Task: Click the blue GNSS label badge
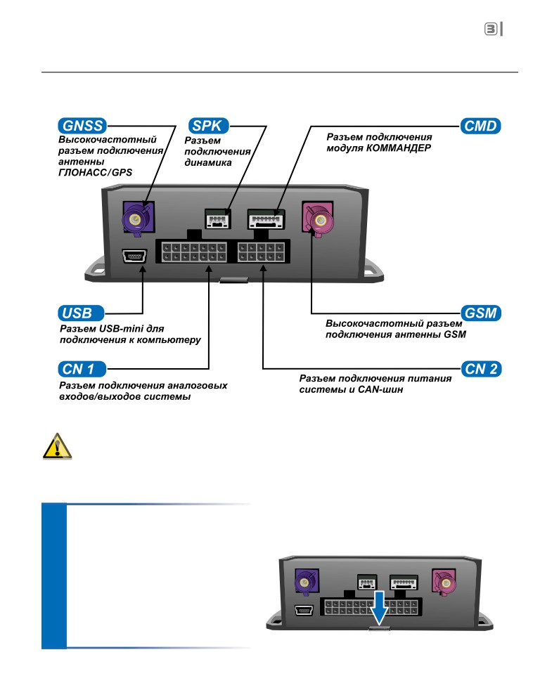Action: coord(82,126)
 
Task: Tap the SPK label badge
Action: coord(208,126)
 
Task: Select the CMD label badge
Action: coord(480,126)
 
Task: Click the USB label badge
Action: coord(81,313)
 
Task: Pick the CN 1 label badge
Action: coord(82,369)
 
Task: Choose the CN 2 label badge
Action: coord(482,369)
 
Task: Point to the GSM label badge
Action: coord(481,313)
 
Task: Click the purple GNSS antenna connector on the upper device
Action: coord(138,218)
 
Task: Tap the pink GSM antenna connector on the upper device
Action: coord(319,219)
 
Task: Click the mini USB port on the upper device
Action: coord(134,256)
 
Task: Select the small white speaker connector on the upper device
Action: coord(217,219)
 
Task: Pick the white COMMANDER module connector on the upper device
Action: coord(266,219)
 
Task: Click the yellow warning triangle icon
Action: coord(57,446)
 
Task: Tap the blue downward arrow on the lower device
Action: coord(380,608)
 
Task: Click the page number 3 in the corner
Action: coord(491,30)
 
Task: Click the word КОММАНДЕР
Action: coord(399,148)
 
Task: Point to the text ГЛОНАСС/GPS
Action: coord(95,172)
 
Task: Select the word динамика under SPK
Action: coord(208,163)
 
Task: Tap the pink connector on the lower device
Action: coord(444,582)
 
